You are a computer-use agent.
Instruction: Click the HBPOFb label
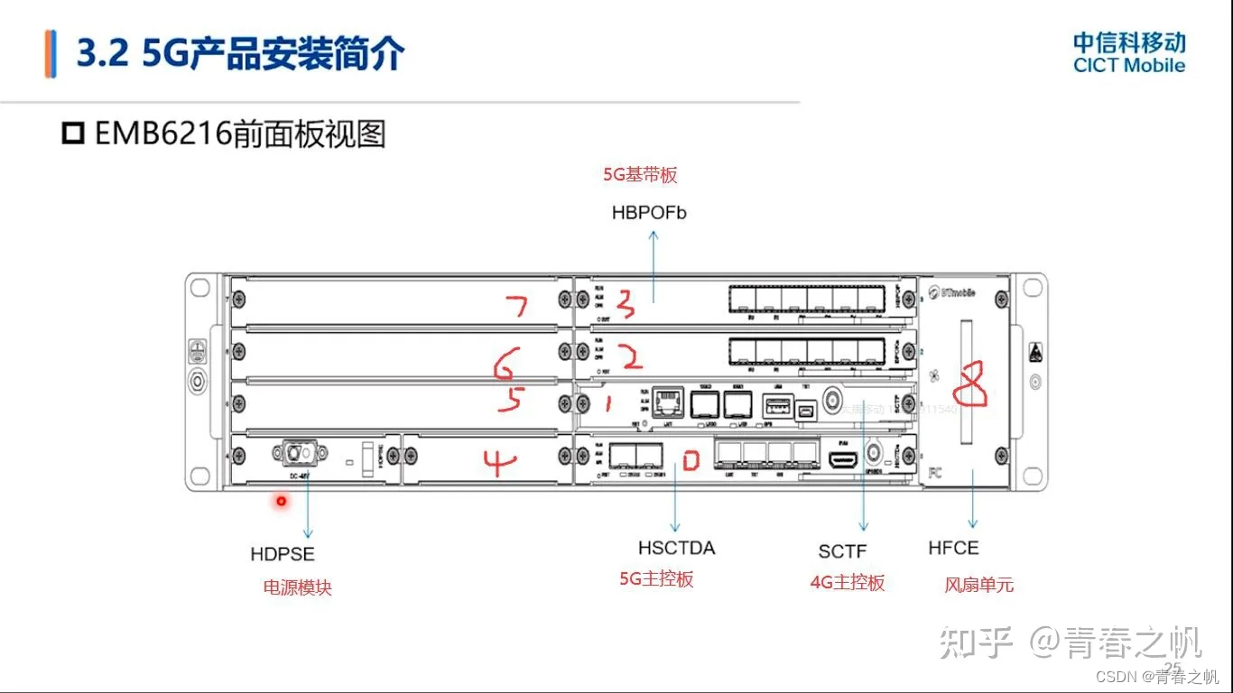[649, 214]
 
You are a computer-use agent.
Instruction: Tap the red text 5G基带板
[640, 175]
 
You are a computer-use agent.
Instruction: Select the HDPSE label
[283, 554]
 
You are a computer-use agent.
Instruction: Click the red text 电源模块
[297, 588]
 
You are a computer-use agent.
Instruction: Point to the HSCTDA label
[676, 548]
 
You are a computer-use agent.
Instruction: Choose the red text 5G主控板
[656, 579]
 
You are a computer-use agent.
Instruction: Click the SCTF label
[842, 551]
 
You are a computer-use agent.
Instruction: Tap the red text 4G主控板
[848, 583]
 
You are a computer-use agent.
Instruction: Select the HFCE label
[953, 548]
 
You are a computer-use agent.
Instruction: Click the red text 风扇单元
[978, 585]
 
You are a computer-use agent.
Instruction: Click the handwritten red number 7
[517, 307]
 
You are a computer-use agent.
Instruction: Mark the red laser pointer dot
[282, 501]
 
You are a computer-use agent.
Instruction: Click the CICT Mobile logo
[1128, 53]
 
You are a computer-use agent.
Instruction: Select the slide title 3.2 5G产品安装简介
[240, 54]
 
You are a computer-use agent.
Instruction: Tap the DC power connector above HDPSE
[297, 451]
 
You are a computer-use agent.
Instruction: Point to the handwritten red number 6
[506, 364]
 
